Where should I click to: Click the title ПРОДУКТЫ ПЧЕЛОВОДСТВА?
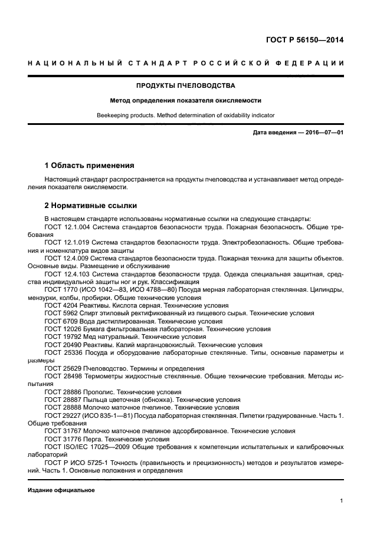[x=185, y=85]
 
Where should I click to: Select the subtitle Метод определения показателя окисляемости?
[x=185, y=101]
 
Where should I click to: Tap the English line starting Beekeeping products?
[x=185, y=116]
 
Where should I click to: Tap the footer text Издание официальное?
[x=61, y=490]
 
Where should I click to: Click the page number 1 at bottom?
[x=342, y=501]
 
